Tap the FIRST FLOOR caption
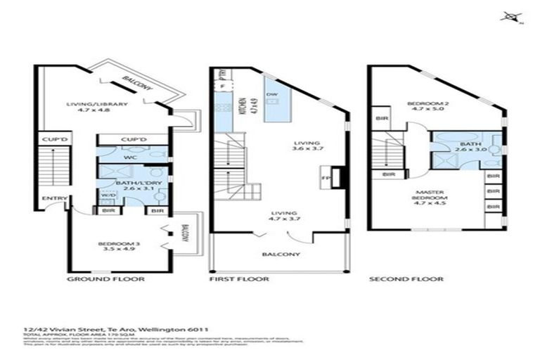click(239, 279)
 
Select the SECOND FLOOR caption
click(406, 279)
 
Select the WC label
click(129, 157)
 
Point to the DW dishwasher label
click(271, 94)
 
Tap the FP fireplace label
click(325, 178)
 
